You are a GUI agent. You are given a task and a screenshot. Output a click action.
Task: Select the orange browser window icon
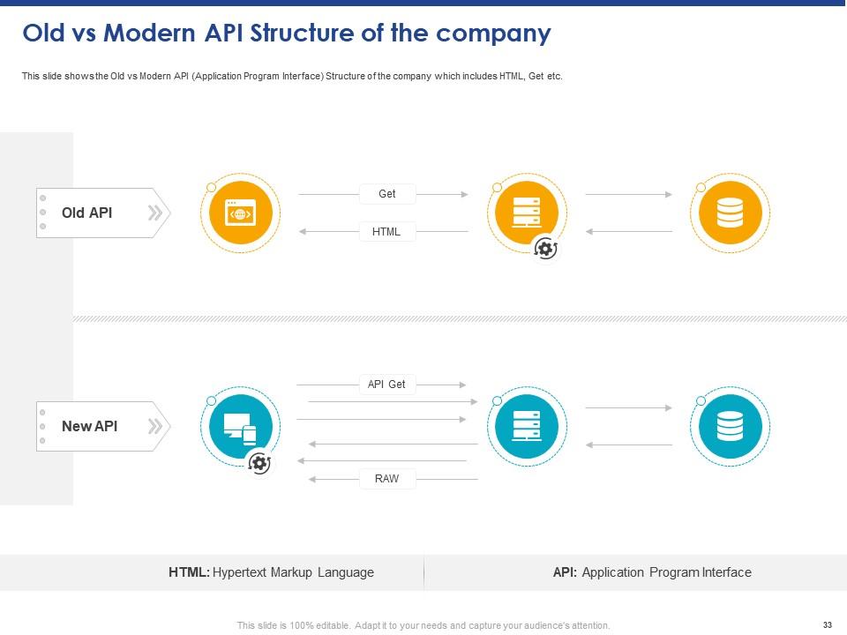(x=240, y=213)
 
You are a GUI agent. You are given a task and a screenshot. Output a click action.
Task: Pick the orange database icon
(x=730, y=213)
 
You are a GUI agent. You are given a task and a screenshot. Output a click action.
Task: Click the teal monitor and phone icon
(x=240, y=426)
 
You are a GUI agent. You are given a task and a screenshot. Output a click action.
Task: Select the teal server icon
(x=527, y=426)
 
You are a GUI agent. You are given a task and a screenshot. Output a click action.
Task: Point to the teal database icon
(x=730, y=426)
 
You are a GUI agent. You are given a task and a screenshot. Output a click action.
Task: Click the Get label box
(x=387, y=194)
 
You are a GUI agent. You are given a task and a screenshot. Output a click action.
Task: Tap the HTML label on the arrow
(x=387, y=232)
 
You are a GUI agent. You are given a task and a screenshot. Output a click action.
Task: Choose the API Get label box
(x=387, y=385)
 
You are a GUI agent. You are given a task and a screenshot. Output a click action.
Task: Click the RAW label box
(x=387, y=479)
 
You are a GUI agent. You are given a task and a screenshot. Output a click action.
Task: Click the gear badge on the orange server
(x=546, y=250)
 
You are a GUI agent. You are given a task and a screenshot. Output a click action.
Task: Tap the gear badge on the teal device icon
(x=259, y=463)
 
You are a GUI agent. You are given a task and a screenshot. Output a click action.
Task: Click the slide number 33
(x=827, y=625)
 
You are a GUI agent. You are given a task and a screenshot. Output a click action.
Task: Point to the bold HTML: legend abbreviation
(x=189, y=572)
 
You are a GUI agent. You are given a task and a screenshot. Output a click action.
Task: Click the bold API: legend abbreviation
(x=566, y=572)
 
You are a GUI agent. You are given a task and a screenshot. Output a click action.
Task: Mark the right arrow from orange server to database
(x=628, y=194)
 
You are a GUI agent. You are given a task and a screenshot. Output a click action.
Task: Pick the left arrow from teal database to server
(x=628, y=445)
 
